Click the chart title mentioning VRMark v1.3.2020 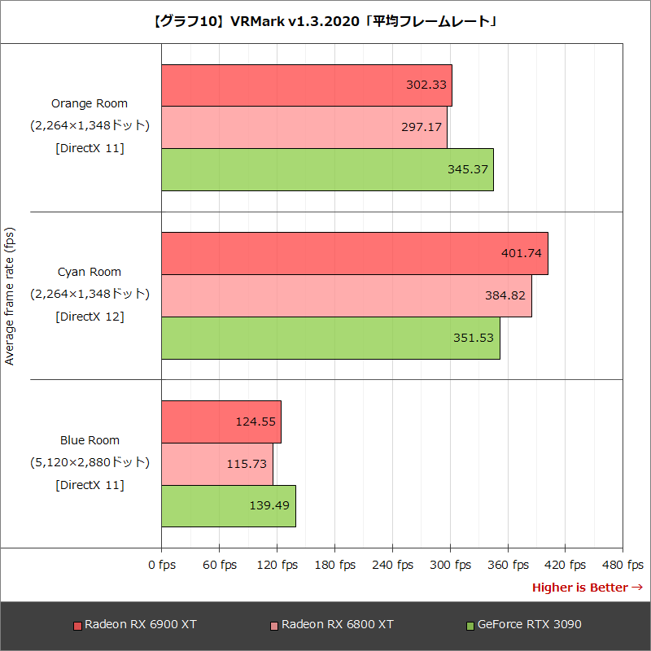point(325,21)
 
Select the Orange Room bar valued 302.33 point(306,85)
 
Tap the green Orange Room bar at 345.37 point(327,169)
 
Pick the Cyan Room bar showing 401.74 point(354,253)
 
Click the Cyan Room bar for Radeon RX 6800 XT point(346,295)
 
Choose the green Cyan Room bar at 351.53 point(330,338)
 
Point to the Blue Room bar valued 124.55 point(221,422)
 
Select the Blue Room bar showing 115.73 point(217,464)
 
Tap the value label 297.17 point(422,128)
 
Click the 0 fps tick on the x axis point(162,565)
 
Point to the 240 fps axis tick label point(392,565)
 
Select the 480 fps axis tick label point(623,565)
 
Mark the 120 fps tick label point(277,565)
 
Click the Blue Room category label point(90,440)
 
